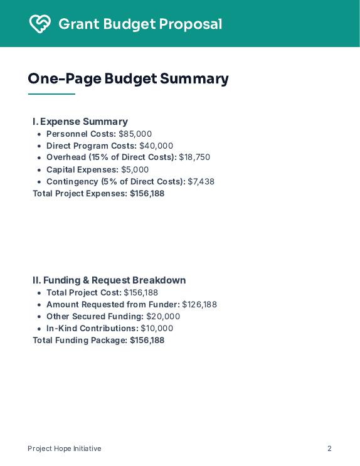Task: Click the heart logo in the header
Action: pos(40,24)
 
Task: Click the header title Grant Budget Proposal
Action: pos(140,24)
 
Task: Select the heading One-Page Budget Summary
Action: pos(128,78)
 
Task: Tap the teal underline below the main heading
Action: pos(51,94)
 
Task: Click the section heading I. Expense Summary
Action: pos(80,122)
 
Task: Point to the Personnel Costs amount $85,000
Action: pos(135,134)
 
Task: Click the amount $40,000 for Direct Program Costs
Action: pos(156,146)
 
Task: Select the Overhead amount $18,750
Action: pos(194,157)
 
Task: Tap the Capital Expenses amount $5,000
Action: pos(135,169)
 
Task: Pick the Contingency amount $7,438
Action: pos(201,181)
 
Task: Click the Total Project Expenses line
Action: pos(98,193)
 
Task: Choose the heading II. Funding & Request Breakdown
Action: pos(109,280)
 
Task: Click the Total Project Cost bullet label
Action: pos(84,292)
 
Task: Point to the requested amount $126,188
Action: pos(199,304)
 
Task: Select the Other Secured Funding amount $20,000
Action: pos(163,316)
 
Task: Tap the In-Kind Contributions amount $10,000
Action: pos(157,328)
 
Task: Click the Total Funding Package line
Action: pos(98,340)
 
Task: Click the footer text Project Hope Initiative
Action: pos(64,448)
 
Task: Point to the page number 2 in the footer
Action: pos(329,448)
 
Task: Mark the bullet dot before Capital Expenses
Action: pos(40,170)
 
